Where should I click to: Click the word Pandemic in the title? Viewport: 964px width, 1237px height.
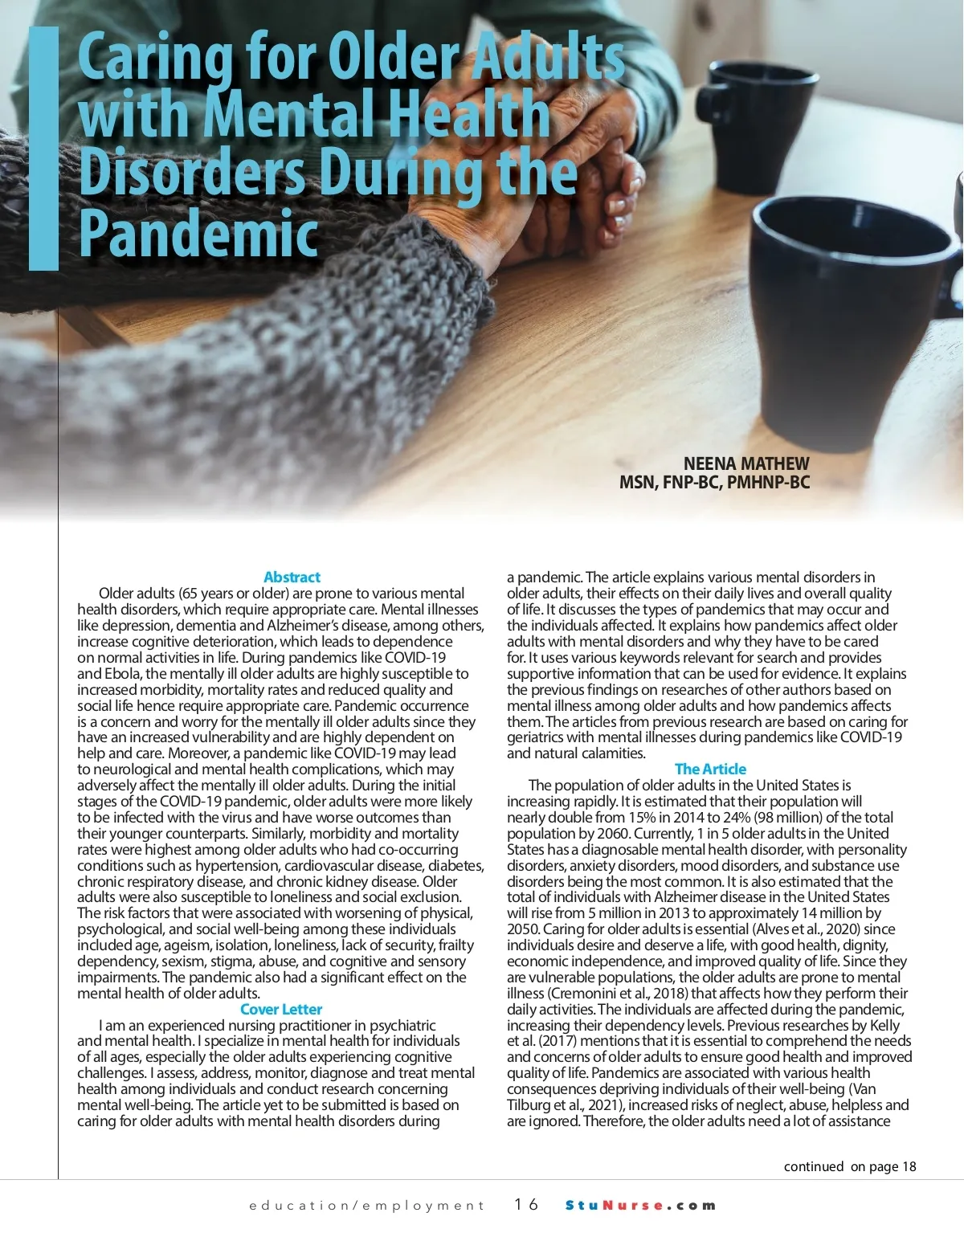pos(199,234)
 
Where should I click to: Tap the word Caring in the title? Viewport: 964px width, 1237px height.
pos(153,59)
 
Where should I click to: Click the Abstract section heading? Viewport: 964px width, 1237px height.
pos(292,577)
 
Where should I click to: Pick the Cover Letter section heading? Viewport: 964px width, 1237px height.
pos(281,1009)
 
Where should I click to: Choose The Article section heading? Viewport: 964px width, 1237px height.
pos(710,769)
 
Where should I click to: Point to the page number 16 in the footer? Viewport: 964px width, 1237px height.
pos(526,1204)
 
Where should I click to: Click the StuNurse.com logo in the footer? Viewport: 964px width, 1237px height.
pos(640,1205)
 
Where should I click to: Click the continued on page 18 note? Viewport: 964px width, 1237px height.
pos(849,1166)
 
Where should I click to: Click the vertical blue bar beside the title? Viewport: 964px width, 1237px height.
pos(44,149)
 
